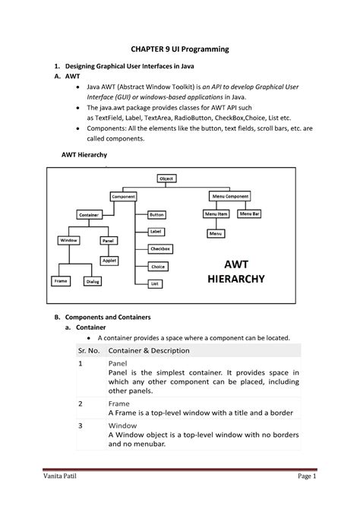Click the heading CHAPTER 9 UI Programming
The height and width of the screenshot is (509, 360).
pos(180,49)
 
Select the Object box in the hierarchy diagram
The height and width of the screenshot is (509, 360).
pos(166,179)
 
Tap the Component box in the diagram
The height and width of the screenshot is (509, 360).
pos(124,196)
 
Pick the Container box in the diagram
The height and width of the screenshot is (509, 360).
pos(89,215)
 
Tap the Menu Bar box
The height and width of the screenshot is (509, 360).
pos(250,214)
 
